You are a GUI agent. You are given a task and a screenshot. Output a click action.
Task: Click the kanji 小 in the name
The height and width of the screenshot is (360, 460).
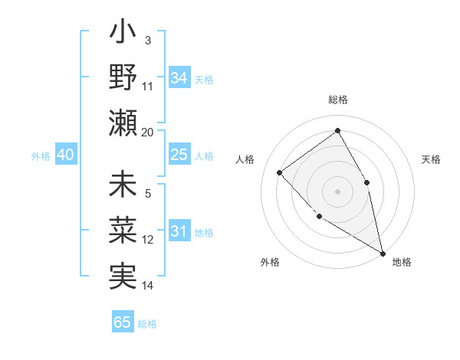pyautogui.click(x=123, y=34)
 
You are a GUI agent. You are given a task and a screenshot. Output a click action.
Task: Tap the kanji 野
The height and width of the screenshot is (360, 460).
pyautogui.click(x=123, y=77)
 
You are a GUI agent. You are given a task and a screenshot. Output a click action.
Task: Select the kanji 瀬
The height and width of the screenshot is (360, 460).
pyautogui.click(x=123, y=121)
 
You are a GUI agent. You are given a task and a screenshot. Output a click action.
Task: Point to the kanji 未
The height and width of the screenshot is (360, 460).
pyautogui.click(x=123, y=187)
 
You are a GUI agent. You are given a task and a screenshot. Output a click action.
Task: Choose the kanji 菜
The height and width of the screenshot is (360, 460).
pyautogui.click(x=123, y=231)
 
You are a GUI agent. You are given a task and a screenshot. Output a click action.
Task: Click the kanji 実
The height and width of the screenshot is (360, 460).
pyautogui.click(x=123, y=275)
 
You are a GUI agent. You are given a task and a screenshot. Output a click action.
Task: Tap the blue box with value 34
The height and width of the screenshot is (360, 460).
pyautogui.click(x=179, y=77)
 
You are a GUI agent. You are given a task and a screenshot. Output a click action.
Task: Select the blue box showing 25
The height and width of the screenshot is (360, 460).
pyautogui.click(x=179, y=155)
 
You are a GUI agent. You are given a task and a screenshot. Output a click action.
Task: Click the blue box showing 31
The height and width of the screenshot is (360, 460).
pyautogui.click(x=179, y=231)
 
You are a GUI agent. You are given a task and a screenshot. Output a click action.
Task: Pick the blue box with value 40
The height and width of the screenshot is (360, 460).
pyautogui.click(x=65, y=155)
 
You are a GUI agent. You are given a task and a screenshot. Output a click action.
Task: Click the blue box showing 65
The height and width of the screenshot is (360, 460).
pyautogui.click(x=123, y=322)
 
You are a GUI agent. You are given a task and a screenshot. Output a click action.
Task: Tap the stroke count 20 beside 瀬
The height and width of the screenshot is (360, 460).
pyautogui.click(x=148, y=132)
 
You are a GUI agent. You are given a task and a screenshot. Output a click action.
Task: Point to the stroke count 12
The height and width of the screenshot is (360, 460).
pyautogui.click(x=148, y=240)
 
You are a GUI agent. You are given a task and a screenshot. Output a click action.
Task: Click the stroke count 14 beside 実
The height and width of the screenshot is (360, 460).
pyautogui.click(x=148, y=285)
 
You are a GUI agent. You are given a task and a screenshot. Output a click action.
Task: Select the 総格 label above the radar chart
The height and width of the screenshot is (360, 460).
pyautogui.click(x=337, y=100)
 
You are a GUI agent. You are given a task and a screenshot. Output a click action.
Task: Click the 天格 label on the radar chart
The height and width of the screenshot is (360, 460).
pyautogui.click(x=432, y=159)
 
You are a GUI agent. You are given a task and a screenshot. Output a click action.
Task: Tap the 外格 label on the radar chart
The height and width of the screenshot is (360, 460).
pyautogui.click(x=270, y=262)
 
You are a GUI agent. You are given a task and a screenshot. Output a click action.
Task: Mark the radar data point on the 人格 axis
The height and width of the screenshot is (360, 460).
pyautogui.click(x=280, y=172)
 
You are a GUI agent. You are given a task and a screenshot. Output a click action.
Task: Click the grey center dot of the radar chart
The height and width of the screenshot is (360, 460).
pyautogui.click(x=337, y=191)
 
